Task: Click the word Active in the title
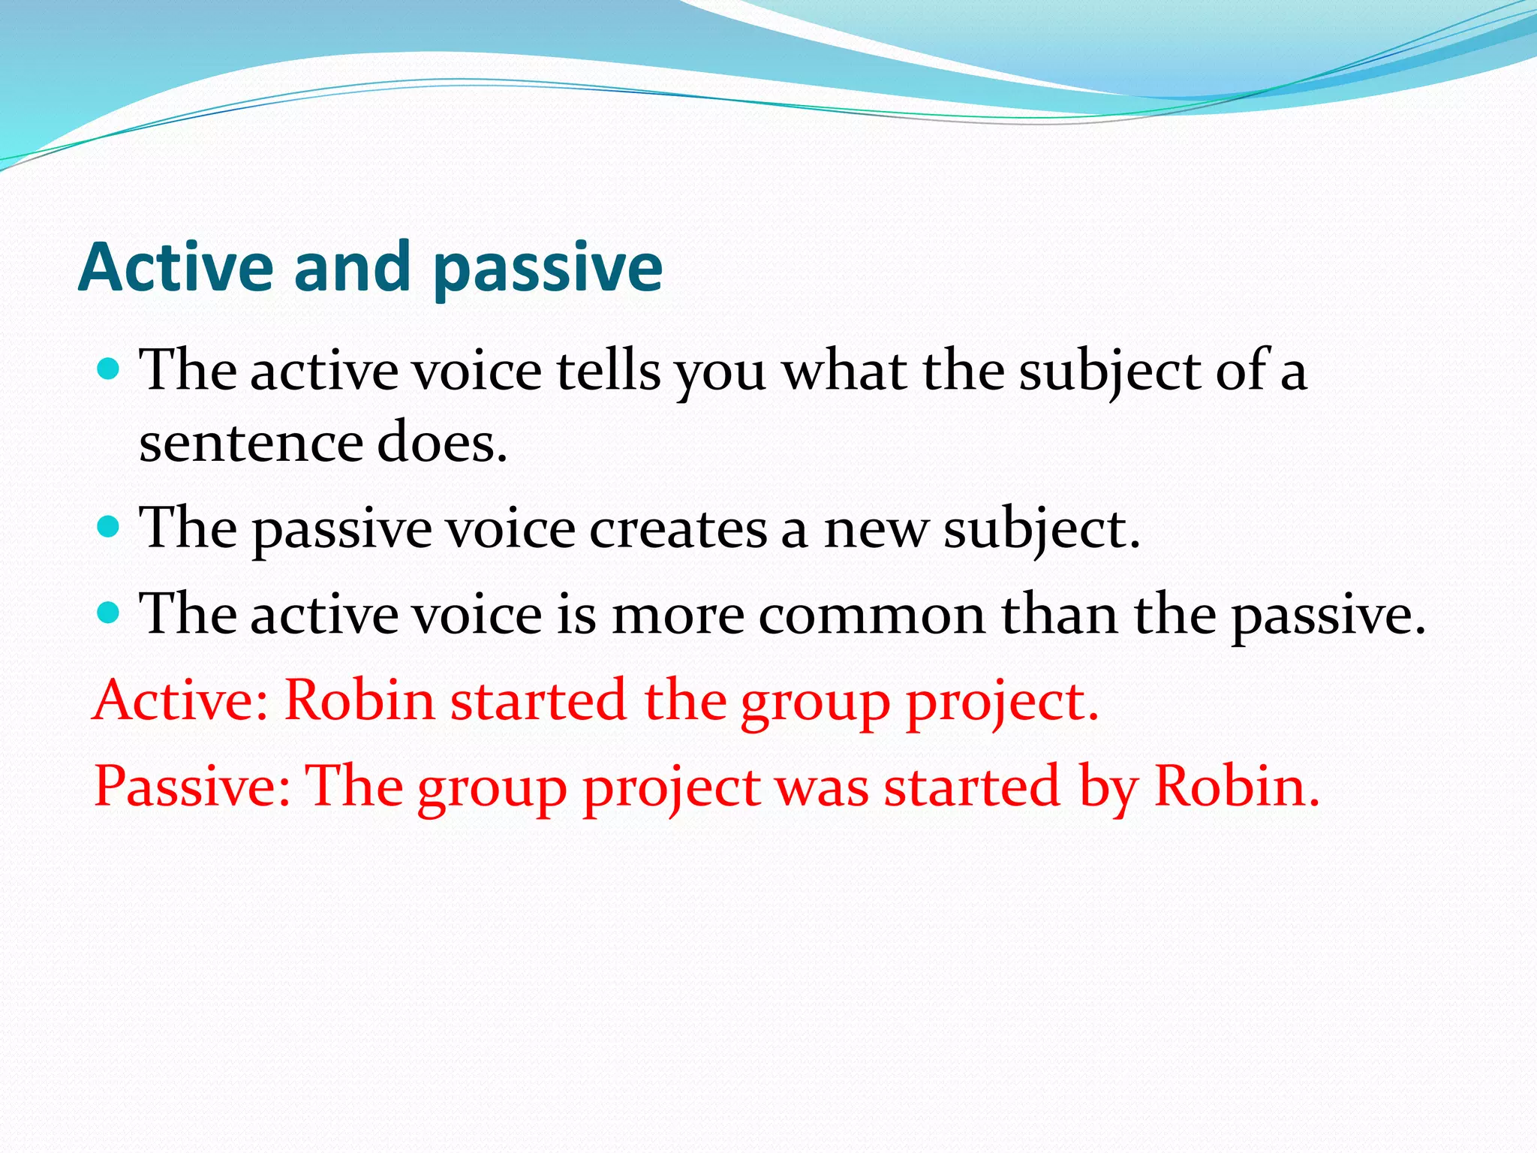tap(176, 267)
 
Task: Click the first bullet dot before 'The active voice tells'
tap(109, 369)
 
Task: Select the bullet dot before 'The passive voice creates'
tap(109, 528)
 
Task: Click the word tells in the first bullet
tap(608, 371)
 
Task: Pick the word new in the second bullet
tap(876, 530)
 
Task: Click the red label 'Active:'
tap(180, 700)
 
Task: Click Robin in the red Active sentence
tap(359, 700)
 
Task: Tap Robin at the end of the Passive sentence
tap(1235, 786)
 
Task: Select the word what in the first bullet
tap(844, 371)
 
